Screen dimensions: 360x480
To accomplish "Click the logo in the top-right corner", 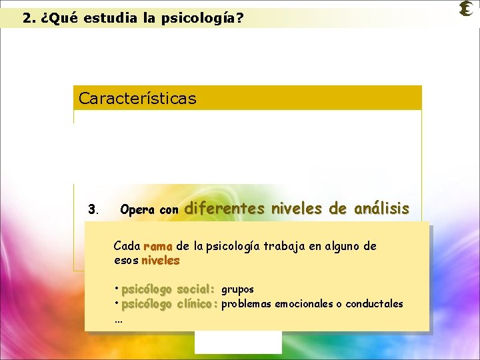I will pos(466,9).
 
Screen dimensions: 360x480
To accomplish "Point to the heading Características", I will pos(137,99).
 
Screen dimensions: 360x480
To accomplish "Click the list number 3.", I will pos(93,210).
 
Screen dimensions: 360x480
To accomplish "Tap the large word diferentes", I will pos(224,209).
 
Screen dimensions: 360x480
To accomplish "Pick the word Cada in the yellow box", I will pos(127,246).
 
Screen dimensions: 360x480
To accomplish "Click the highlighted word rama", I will pos(158,246).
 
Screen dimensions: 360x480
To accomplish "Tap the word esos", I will pos(126,260).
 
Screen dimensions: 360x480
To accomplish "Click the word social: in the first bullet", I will pos(195,289).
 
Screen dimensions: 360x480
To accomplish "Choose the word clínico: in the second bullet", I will pos(198,304).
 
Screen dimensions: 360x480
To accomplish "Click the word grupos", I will pos(237,290).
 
